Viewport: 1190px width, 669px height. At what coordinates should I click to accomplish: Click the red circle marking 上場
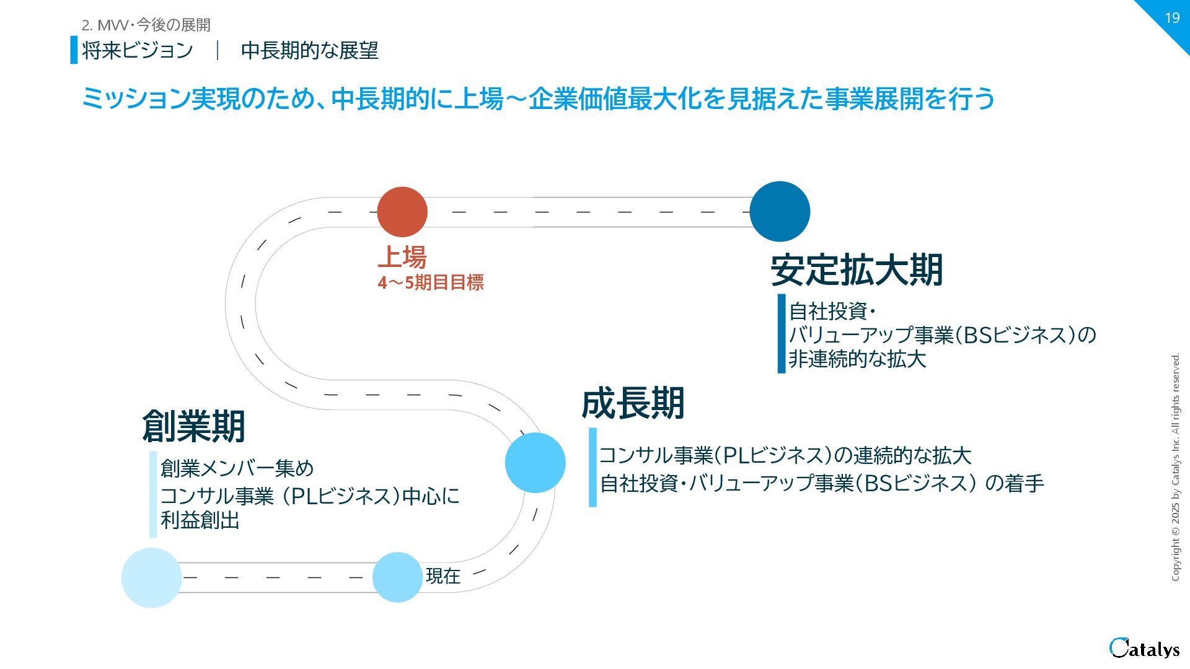(402, 212)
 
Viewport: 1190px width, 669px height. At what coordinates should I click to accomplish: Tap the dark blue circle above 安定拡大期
(780, 211)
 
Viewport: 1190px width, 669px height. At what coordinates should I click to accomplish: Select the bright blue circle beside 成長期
(535, 463)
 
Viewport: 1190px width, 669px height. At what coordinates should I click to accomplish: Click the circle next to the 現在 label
(397, 577)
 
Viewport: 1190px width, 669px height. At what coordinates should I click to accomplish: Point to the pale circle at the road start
(151, 577)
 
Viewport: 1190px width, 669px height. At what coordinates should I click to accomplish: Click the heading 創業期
(193, 426)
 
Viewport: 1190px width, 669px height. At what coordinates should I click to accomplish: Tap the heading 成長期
(632, 403)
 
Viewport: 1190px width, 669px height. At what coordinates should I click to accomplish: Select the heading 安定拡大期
(857, 270)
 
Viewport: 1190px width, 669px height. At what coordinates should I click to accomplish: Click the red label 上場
(402, 256)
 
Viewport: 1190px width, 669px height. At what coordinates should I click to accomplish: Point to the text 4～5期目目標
(431, 283)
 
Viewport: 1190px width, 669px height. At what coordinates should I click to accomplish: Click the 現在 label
(443, 576)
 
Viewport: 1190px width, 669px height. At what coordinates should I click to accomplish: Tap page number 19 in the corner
(1171, 18)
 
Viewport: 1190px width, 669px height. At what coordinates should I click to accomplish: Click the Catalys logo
(1144, 648)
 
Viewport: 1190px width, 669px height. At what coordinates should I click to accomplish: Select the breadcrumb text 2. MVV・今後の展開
(146, 25)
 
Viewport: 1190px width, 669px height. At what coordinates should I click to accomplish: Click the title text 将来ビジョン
(137, 50)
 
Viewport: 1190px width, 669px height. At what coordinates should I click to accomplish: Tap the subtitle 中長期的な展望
(309, 50)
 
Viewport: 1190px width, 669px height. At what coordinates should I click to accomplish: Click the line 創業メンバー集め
(237, 468)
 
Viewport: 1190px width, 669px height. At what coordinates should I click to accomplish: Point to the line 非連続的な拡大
(857, 359)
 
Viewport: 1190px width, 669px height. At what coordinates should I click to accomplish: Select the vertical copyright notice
(1175, 467)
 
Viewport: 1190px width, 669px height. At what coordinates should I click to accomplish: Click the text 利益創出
(200, 520)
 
